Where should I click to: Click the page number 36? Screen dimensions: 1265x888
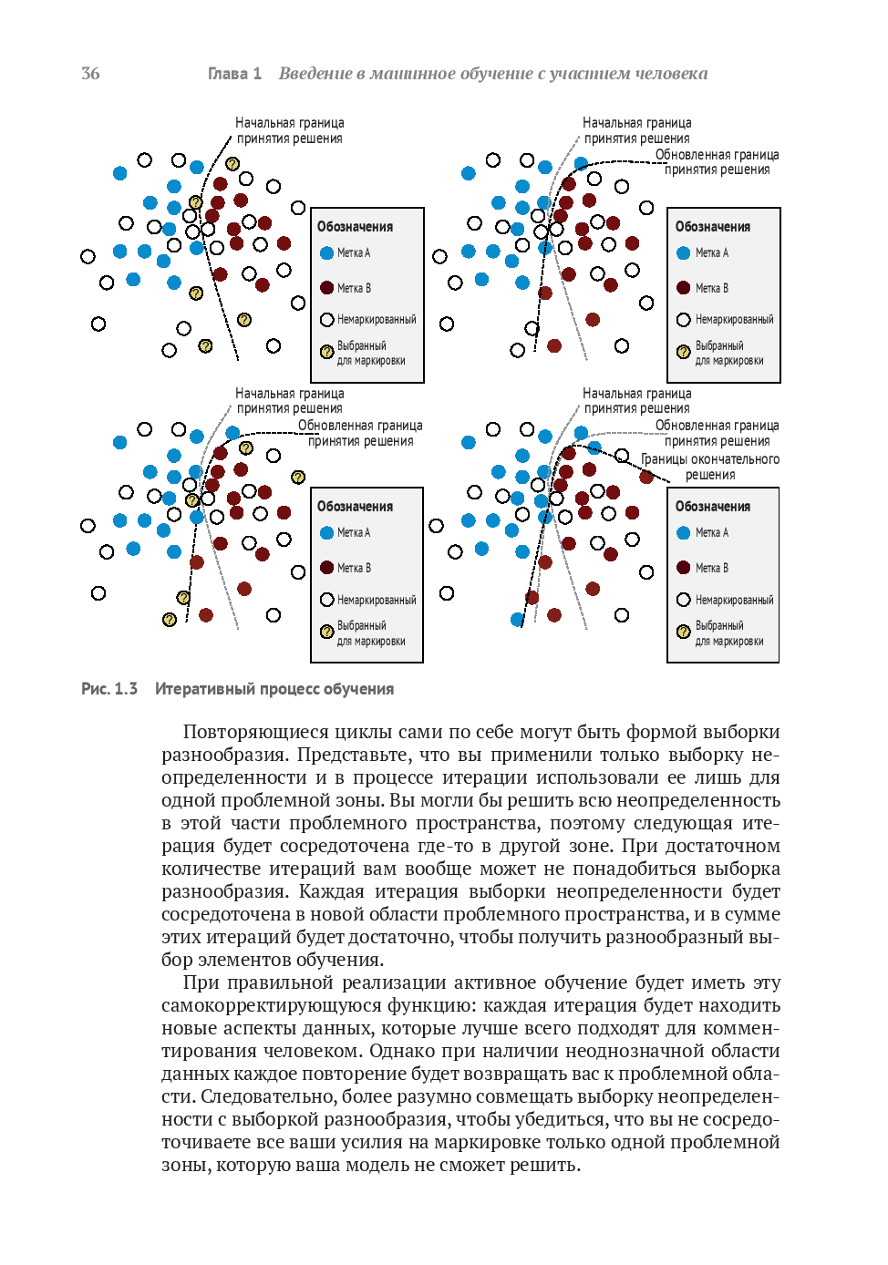coord(90,74)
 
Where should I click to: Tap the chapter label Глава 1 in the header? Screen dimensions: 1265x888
coord(234,74)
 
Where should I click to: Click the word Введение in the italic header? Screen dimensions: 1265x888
coord(315,74)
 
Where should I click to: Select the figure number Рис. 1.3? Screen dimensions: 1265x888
coord(109,689)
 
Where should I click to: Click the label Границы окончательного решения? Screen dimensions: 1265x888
coord(710,467)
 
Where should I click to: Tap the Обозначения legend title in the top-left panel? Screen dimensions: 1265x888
coord(355,227)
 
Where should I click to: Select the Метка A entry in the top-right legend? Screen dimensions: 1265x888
coord(711,253)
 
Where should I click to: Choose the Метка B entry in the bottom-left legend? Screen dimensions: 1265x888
coord(354,568)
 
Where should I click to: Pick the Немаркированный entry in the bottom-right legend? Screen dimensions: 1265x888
coord(734,600)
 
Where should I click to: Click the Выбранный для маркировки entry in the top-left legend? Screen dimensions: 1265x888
coord(370,353)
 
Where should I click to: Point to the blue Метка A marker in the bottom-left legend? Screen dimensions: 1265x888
coord(326,532)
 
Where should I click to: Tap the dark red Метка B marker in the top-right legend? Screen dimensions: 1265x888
coord(683,288)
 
